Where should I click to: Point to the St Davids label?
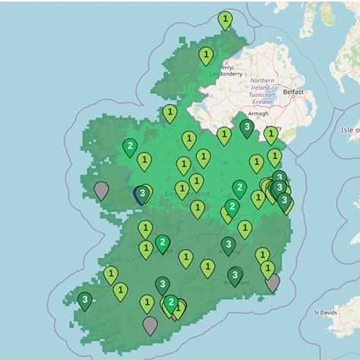point(327,312)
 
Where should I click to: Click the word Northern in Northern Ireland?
point(261,81)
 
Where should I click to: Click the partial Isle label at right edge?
point(350,130)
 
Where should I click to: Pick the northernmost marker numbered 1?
point(225,19)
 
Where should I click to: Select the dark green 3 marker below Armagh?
point(247,127)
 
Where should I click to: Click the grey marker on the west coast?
point(101,190)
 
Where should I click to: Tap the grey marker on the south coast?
point(150,324)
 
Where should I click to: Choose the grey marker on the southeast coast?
point(273,283)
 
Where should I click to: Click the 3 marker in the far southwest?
point(84,301)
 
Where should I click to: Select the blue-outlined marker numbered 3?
point(141,194)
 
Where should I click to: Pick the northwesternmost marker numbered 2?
point(130,146)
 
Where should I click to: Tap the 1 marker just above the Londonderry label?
point(206,55)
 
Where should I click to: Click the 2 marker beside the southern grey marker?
point(172,304)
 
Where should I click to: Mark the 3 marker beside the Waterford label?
point(235,276)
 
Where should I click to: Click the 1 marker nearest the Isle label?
point(270,134)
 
